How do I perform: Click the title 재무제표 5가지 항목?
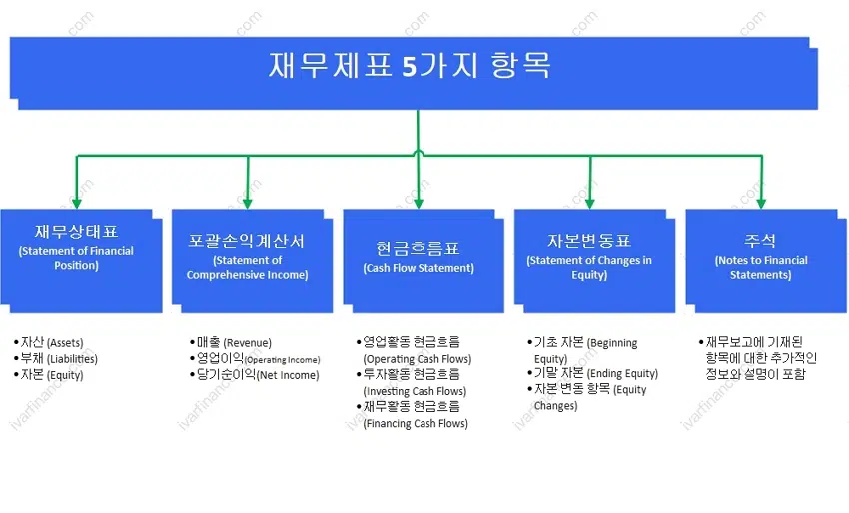point(410,65)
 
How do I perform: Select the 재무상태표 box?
point(81,261)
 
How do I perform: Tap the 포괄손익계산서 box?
point(253,261)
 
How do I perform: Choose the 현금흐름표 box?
point(424,261)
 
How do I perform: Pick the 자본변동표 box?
point(594,261)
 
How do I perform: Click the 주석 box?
point(766,261)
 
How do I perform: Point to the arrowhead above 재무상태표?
point(76,203)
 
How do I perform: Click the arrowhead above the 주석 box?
point(761,203)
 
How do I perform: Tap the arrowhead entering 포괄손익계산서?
point(248,203)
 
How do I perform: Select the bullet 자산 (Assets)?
point(49,342)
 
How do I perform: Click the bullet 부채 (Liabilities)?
point(56,358)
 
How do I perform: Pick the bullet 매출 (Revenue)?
point(231,342)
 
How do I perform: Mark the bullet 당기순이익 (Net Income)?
point(255,375)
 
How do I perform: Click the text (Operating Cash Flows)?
point(417,359)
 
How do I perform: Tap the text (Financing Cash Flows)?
point(416,424)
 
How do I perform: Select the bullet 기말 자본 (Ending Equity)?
point(593,373)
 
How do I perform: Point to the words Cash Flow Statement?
point(419,268)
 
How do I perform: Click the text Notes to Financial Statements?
point(761,267)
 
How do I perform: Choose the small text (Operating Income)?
point(282,360)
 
